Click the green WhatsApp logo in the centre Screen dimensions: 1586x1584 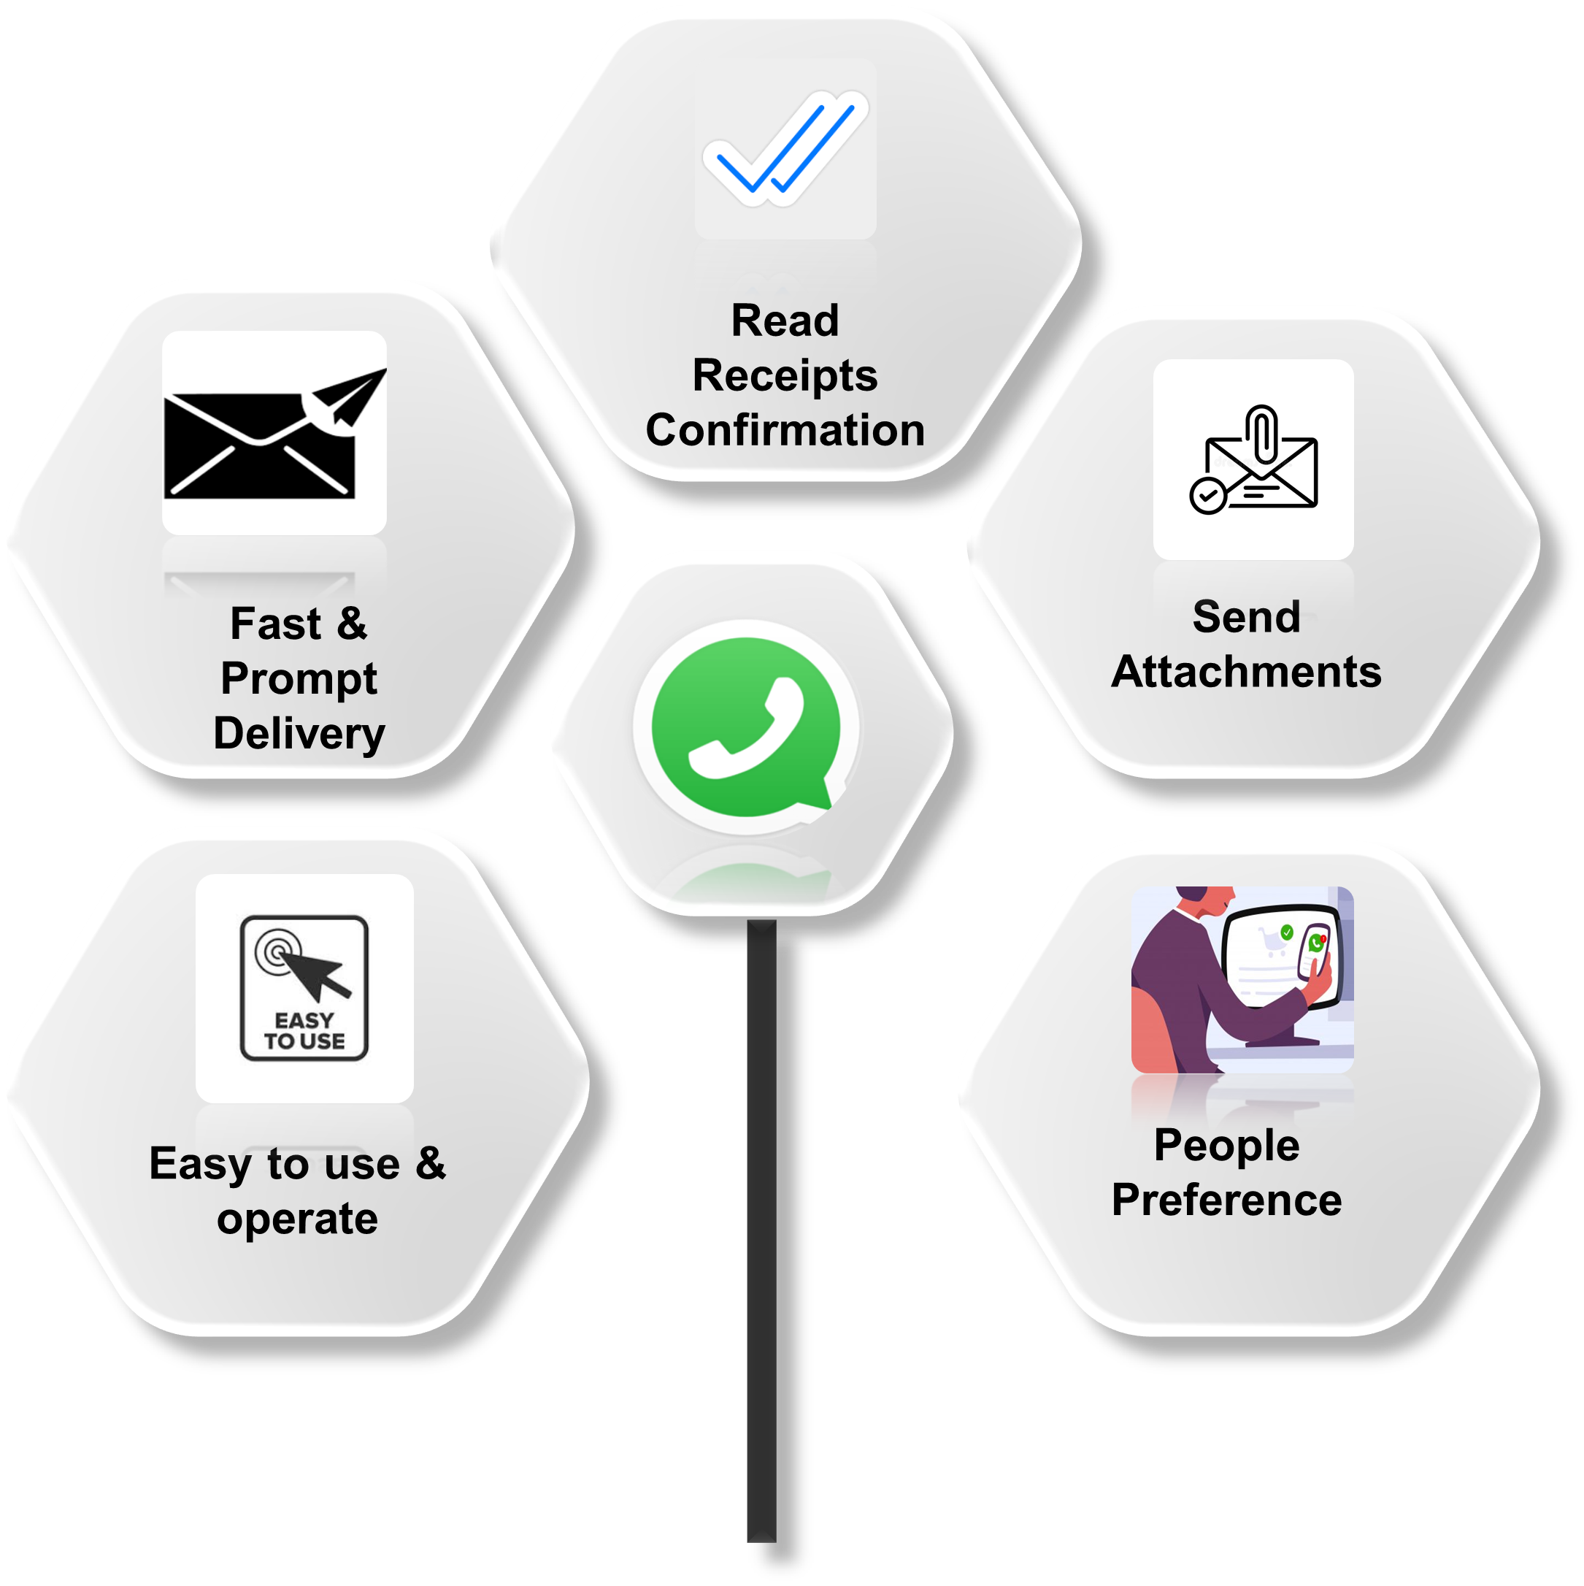point(746,727)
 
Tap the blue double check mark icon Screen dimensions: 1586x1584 point(784,150)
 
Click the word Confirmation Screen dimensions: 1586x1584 point(785,430)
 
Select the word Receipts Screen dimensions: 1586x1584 point(785,375)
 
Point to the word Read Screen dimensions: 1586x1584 point(785,320)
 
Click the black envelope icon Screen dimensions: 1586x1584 point(258,445)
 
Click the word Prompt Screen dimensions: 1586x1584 point(299,678)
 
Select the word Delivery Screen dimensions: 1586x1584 point(299,733)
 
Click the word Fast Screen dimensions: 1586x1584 point(275,623)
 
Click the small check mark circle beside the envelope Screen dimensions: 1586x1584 point(1207,496)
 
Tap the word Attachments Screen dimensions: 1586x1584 point(1246,672)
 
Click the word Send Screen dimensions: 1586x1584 point(1246,616)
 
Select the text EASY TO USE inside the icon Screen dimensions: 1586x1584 point(304,1031)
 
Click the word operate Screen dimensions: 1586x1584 point(297,1218)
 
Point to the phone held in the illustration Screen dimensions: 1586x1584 point(1312,952)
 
